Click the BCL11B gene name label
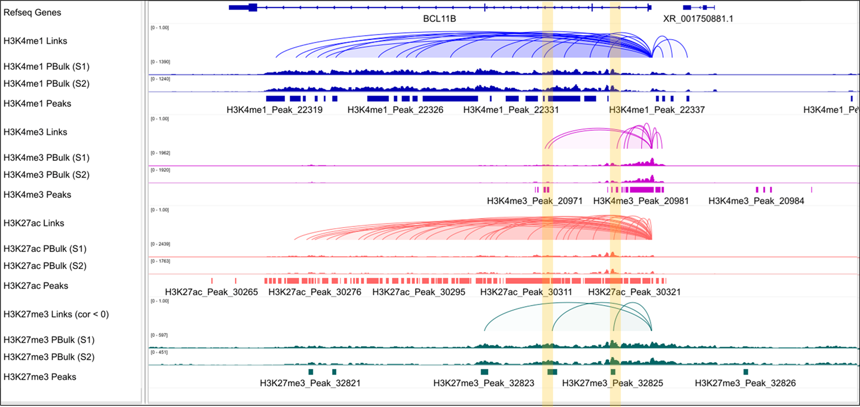click(x=439, y=19)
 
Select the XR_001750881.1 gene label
click(x=698, y=19)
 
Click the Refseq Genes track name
click(x=32, y=12)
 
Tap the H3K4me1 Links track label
click(x=35, y=41)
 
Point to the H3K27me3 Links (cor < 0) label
click(x=56, y=314)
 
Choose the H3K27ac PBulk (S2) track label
click(x=45, y=266)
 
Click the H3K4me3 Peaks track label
click(x=37, y=194)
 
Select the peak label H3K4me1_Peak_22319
click(x=274, y=110)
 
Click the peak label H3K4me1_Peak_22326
click(x=395, y=110)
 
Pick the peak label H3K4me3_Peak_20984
click(x=756, y=201)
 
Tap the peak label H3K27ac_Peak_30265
click(x=211, y=292)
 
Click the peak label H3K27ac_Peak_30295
click(x=418, y=292)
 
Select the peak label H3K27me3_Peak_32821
click(x=310, y=383)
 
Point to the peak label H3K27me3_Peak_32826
click(x=745, y=383)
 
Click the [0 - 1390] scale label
click(x=160, y=62)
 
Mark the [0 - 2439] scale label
click(x=160, y=244)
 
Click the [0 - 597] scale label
click(x=159, y=335)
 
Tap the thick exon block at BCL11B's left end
click(x=252, y=7)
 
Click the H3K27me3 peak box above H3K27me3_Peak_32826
click(x=746, y=372)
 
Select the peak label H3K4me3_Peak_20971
click(x=534, y=201)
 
